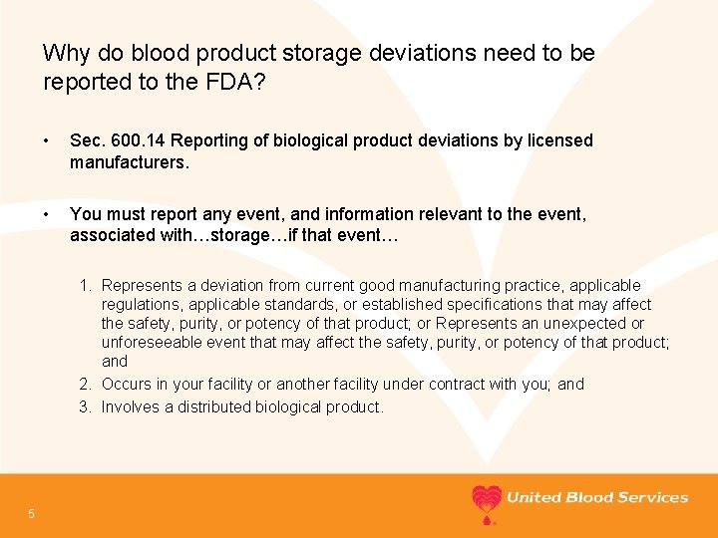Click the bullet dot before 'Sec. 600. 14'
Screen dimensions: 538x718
(48, 140)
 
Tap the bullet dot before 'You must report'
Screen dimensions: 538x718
(48, 214)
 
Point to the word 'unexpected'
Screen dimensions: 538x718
(581, 324)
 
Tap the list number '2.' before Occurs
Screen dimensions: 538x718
(87, 385)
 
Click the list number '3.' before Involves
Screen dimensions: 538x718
(87, 406)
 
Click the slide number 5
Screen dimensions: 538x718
(32, 513)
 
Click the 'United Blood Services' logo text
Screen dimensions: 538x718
(597, 497)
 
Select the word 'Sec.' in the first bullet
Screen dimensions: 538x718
(86, 140)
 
